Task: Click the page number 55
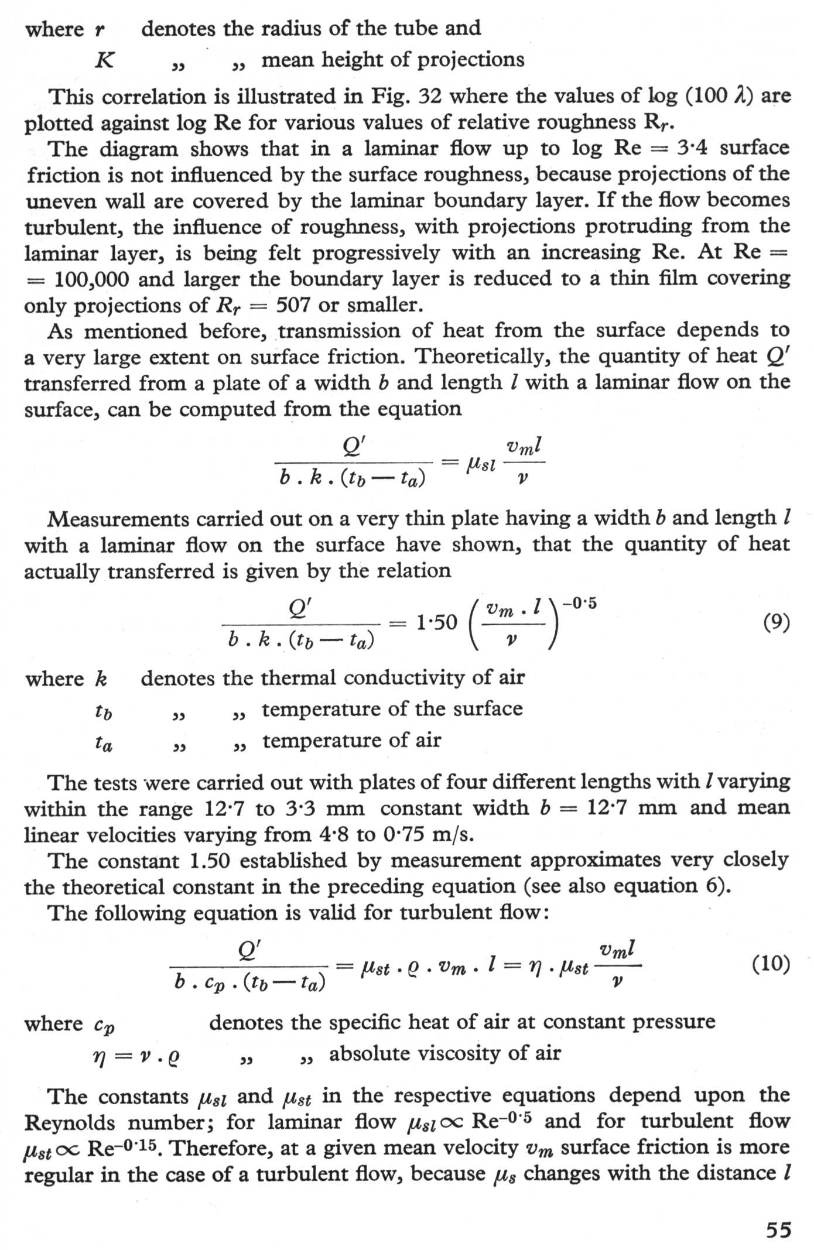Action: pyautogui.click(x=778, y=1230)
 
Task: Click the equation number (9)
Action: pyautogui.click(x=777, y=622)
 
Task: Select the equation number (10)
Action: pyautogui.click(x=771, y=963)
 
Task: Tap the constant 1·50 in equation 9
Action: pyautogui.click(x=436, y=622)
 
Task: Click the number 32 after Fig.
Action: pyautogui.click(x=430, y=96)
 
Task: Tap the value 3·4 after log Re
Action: pyautogui.click(x=692, y=148)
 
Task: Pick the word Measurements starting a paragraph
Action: pyautogui.click(x=118, y=519)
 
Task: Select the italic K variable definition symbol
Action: pyautogui.click(x=104, y=60)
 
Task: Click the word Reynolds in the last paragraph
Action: pyautogui.click(x=70, y=1123)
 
